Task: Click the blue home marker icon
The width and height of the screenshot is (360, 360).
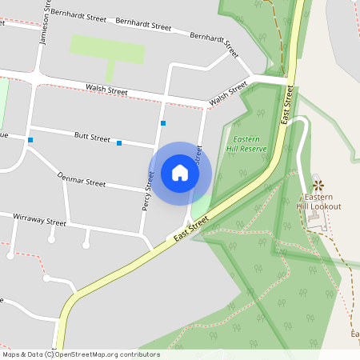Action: pyautogui.click(x=180, y=172)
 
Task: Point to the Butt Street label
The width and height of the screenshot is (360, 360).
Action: pyautogui.click(x=92, y=138)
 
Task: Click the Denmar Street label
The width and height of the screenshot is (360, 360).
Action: pyautogui.click(x=82, y=182)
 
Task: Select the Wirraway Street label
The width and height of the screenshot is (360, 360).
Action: pyautogui.click(x=39, y=221)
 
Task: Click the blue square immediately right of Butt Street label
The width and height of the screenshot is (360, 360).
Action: pyautogui.click(x=119, y=143)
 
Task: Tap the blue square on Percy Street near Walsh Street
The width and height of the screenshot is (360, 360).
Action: pyautogui.click(x=163, y=123)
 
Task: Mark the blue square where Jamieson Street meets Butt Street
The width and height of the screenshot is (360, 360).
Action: pyautogui.click(x=30, y=140)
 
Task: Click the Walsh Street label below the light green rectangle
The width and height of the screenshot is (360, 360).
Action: pyautogui.click(x=108, y=92)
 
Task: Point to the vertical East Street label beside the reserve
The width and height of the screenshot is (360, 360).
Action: pyautogui.click(x=286, y=104)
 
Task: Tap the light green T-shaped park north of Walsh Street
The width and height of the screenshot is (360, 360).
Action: pyautogui.click(x=107, y=51)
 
